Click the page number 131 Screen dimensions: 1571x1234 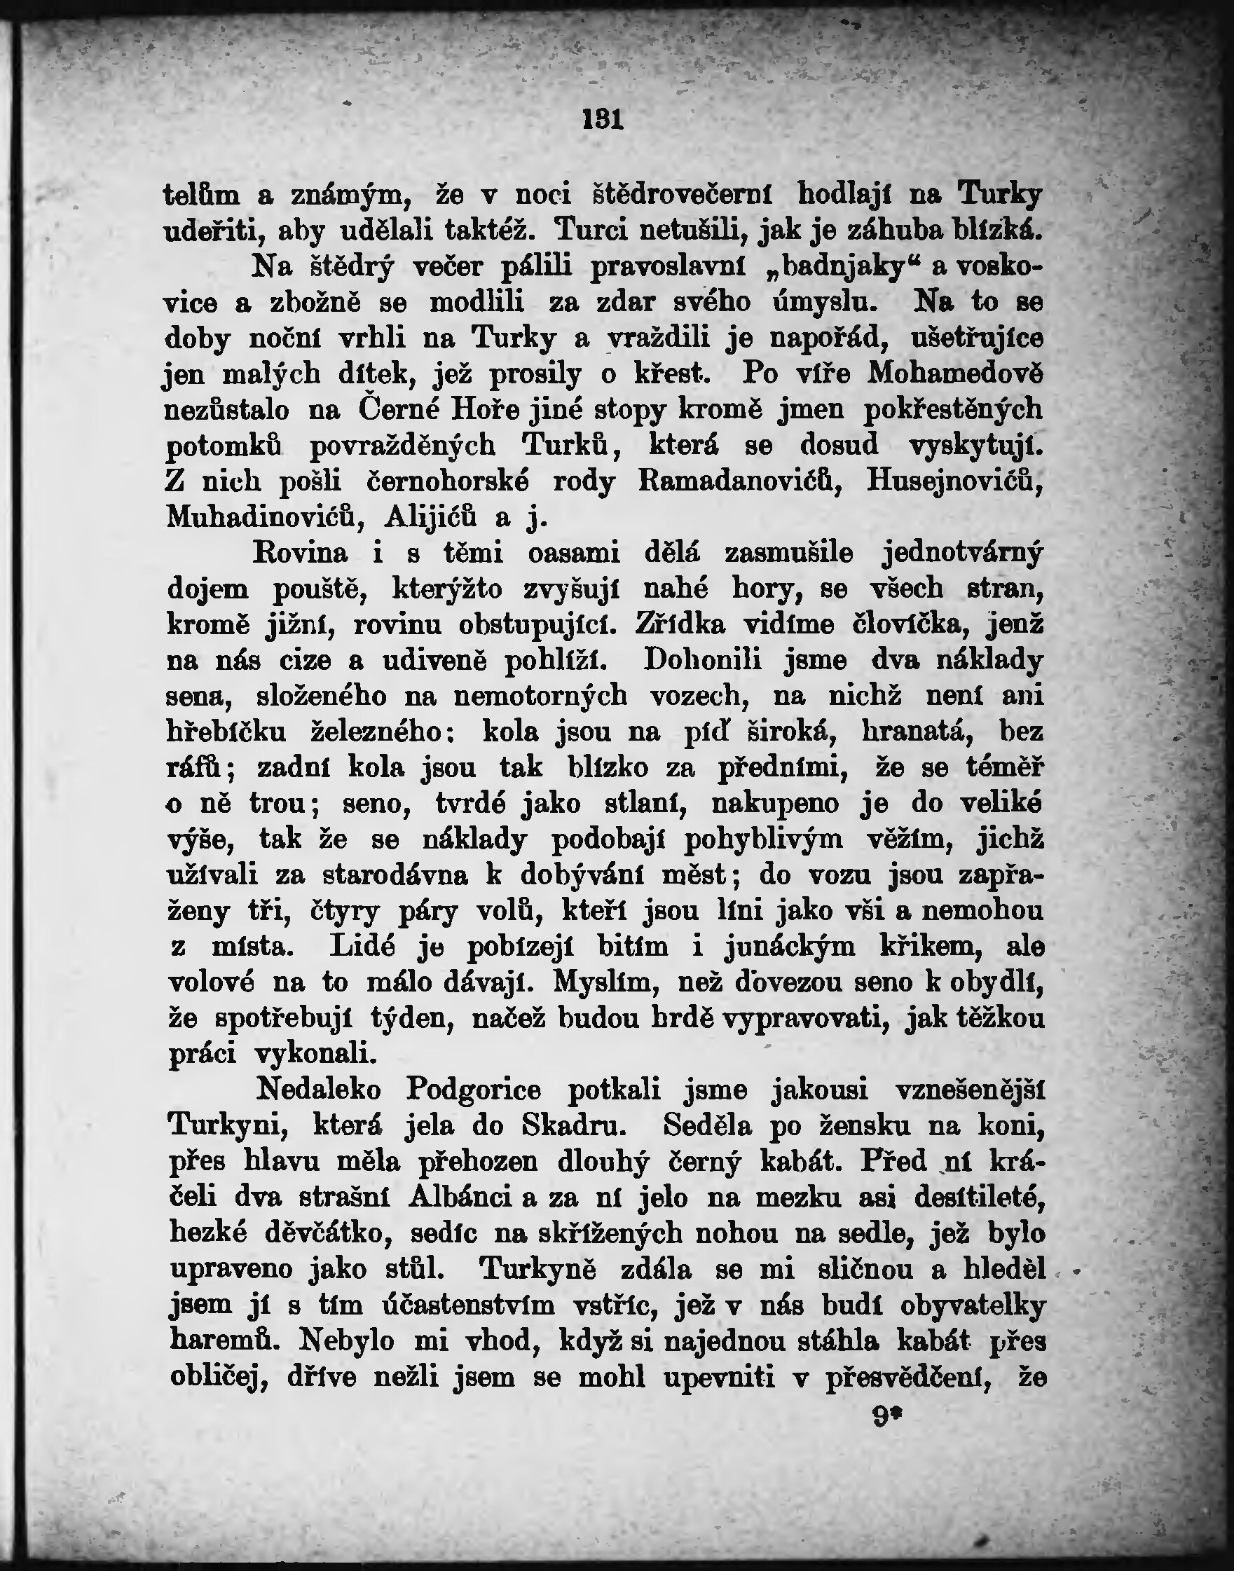602,119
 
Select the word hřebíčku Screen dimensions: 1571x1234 226,732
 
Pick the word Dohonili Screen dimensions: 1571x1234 701,661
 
